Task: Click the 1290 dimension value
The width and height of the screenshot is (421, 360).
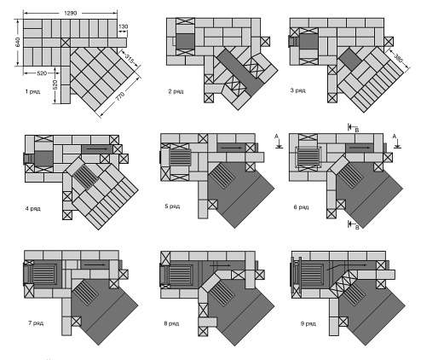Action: click(70, 13)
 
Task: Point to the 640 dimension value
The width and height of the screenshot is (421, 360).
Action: click(18, 42)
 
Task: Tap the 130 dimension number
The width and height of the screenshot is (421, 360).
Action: click(123, 26)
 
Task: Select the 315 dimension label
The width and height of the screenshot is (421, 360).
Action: click(130, 60)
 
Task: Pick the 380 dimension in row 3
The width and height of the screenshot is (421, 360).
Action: click(398, 58)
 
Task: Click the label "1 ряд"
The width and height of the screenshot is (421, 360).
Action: click(32, 91)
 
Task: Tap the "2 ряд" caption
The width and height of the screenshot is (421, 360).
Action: click(176, 91)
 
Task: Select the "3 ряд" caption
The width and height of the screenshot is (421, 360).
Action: click(297, 90)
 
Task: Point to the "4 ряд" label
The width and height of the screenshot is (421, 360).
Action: click(33, 208)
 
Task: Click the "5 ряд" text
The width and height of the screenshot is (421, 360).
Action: click(172, 206)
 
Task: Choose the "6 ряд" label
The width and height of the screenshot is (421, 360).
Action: click(301, 207)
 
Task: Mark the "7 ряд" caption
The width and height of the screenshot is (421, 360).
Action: click(36, 323)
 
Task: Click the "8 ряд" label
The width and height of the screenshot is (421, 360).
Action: click(171, 323)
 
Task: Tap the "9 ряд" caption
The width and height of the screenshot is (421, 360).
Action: click(309, 323)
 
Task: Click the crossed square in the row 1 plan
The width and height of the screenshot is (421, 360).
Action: click(66, 43)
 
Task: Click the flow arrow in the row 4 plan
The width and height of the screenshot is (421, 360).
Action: click(97, 148)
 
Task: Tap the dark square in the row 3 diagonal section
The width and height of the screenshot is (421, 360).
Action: click(350, 59)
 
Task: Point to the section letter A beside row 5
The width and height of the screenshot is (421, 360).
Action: click(276, 136)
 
